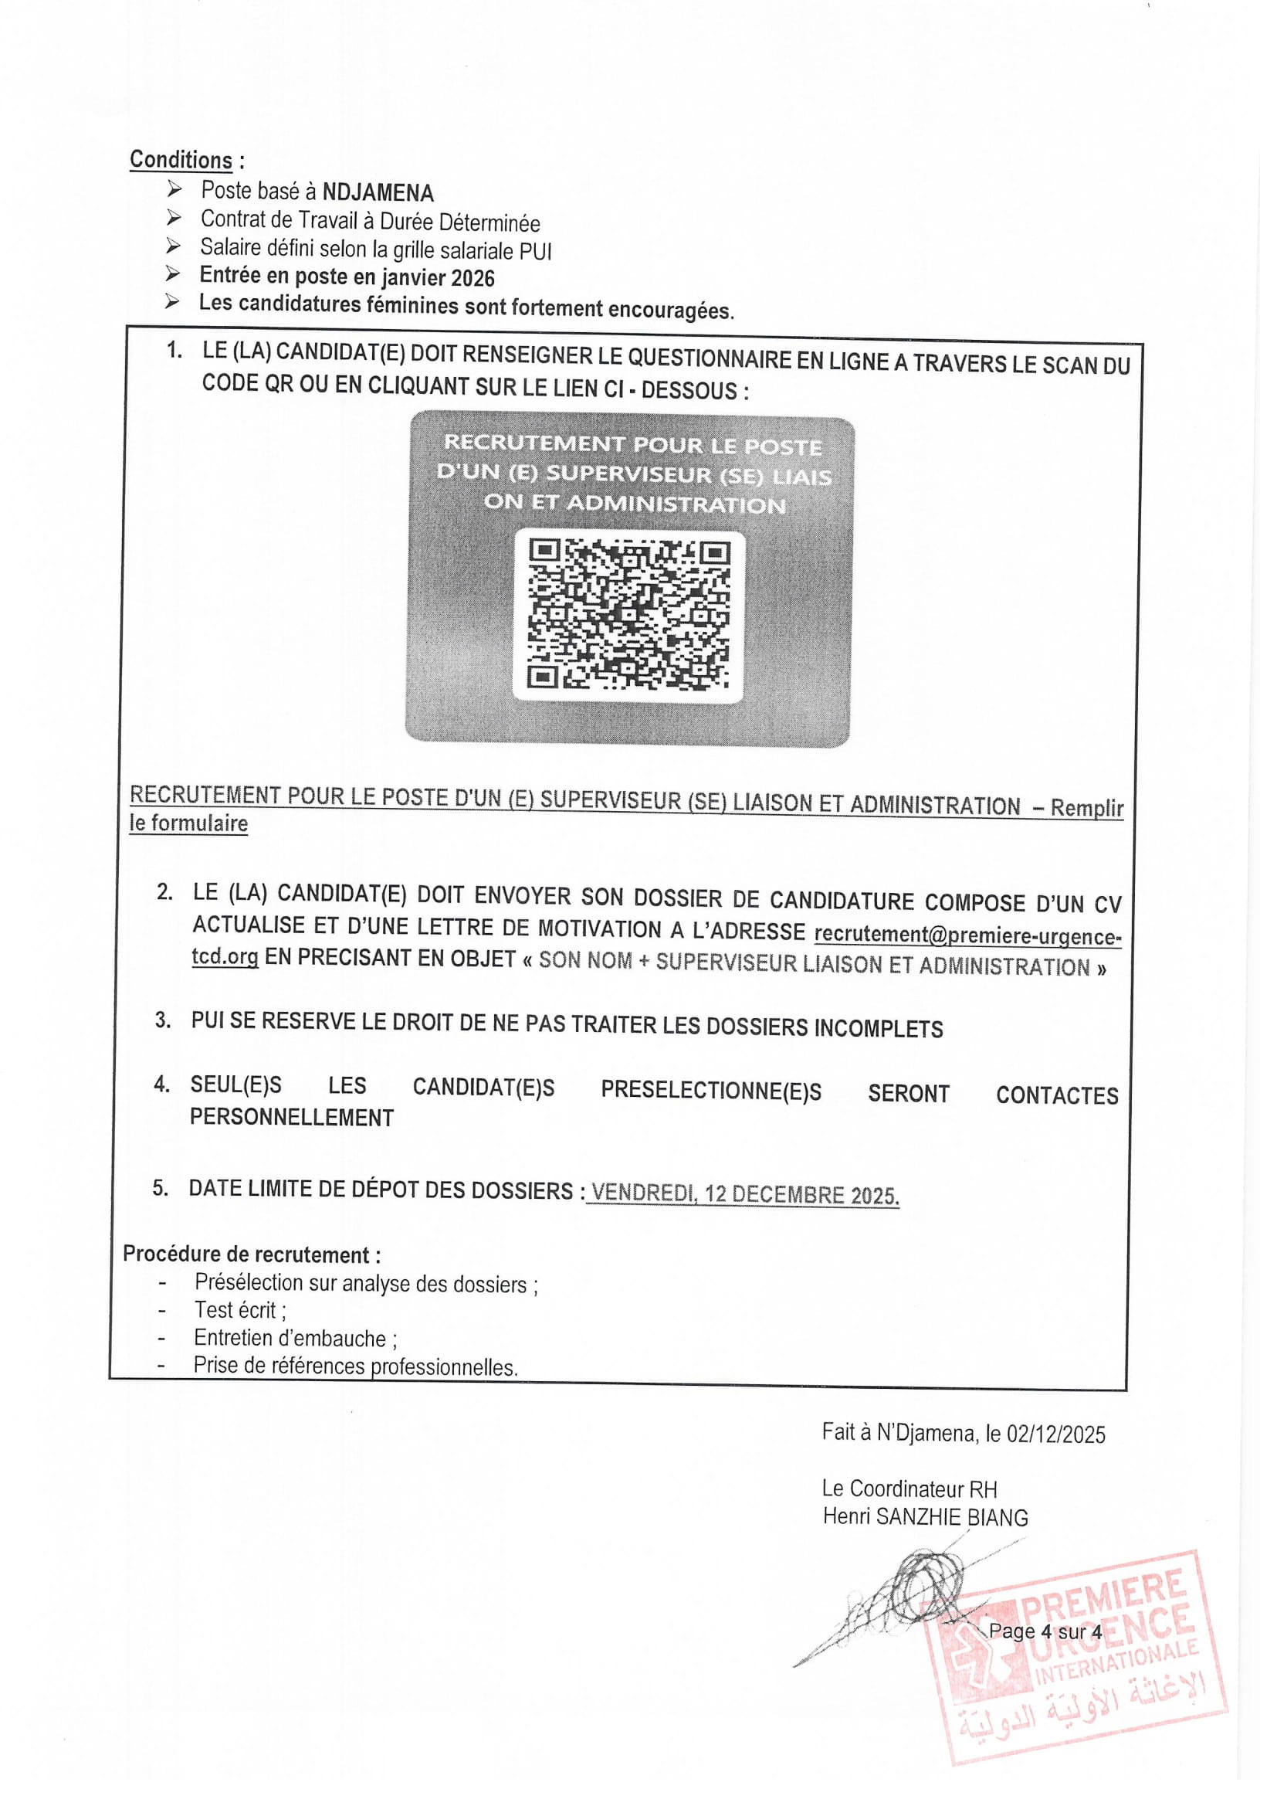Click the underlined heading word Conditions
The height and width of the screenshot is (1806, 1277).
pyautogui.click(x=181, y=160)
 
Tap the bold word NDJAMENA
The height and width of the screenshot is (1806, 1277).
pyautogui.click(x=378, y=192)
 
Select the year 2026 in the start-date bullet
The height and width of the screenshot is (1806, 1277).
pyautogui.click(x=473, y=278)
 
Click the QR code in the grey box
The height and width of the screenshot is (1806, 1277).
pyautogui.click(x=629, y=614)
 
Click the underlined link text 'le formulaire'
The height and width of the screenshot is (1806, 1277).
pyautogui.click(x=188, y=823)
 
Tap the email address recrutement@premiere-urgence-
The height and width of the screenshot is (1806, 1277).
pyautogui.click(x=967, y=935)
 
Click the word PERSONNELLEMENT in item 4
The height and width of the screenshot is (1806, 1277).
pyautogui.click(x=292, y=1118)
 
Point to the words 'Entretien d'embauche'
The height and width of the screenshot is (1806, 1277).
pyautogui.click(x=290, y=1337)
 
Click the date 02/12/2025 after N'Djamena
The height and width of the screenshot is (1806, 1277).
pyautogui.click(x=1056, y=1434)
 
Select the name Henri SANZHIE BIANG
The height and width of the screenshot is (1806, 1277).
pyautogui.click(x=925, y=1516)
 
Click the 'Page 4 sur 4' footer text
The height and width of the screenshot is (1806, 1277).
pyautogui.click(x=1045, y=1631)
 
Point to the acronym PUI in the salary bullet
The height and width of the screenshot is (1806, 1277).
pyautogui.click(x=536, y=252)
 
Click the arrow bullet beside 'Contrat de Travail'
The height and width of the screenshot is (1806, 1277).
pyautogui.click(x=174, y=218)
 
